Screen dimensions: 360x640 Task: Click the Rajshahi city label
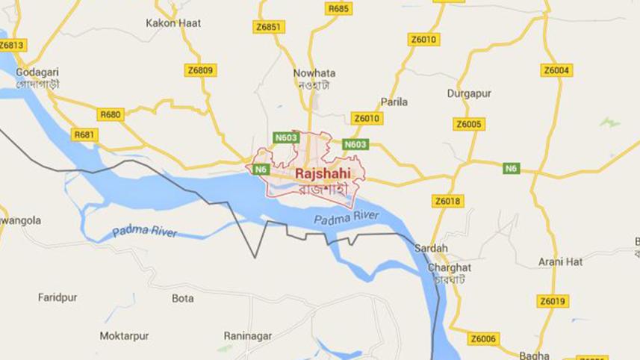323,174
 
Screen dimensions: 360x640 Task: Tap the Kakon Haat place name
174,23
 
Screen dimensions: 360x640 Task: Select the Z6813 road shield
12,45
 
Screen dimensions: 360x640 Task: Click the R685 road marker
338,8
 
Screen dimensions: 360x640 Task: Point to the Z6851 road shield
269,27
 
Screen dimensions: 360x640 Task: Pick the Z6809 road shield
199,70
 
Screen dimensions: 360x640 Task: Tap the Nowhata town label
314,73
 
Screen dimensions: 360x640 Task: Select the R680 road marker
110,114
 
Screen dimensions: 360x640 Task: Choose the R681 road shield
85,134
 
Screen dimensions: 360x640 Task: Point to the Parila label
394,101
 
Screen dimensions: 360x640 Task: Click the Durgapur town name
467,93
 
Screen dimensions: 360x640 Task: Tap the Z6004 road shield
556,70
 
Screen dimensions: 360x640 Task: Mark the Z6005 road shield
470,124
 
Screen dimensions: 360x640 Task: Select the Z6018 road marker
447,201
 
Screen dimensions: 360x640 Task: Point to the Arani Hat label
560,261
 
